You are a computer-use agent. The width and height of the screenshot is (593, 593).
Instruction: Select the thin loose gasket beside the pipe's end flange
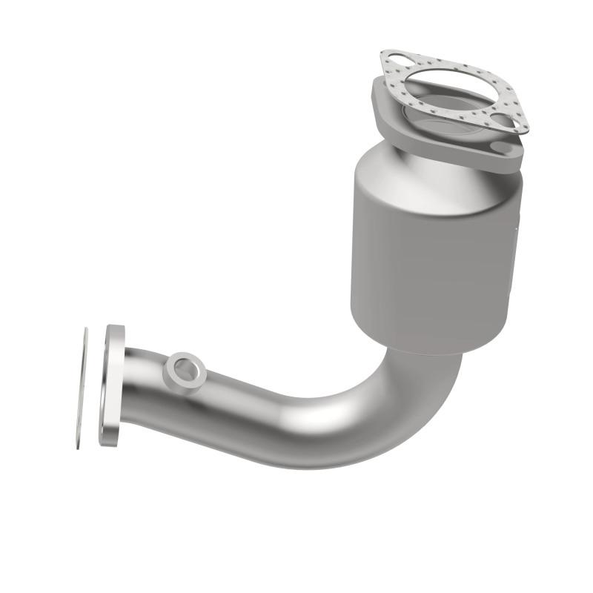pyautogui.click(x=82, y=388)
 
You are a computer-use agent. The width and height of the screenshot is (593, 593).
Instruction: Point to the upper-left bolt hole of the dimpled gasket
pyautogui.click(x=396, y=62)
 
